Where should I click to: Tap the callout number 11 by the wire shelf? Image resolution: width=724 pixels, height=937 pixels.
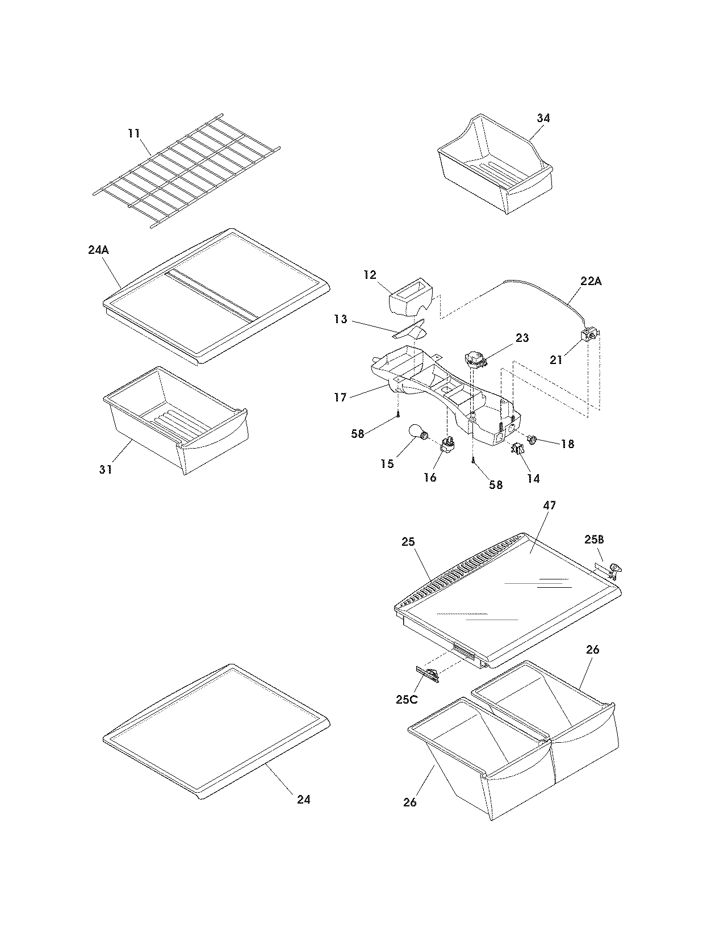pyautogui.click(x=133, y=133)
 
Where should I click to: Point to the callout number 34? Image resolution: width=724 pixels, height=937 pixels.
pyautogui.click(x=543, y=118)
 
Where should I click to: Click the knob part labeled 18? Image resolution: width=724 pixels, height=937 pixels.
pyautogui.click(x=532, y=438)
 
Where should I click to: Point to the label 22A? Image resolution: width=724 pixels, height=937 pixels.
pyautogui.click(x=591, y=281)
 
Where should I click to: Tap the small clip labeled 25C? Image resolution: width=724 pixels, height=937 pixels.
pyautogui.click(x=428, y=675)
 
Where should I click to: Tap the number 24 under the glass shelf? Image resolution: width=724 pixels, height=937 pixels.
pyautogui.click(x=304, y=799)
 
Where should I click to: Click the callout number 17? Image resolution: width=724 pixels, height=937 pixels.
pyautogui.click(x=340, y=398)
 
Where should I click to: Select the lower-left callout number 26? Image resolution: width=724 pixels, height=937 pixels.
pyautogui.click(x=410, y=802)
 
